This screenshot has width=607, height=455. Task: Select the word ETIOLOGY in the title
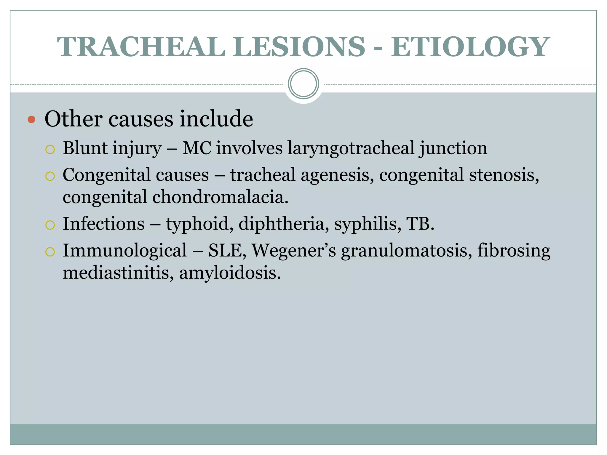(x=470, y=47)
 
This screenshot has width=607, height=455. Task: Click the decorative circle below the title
(x=303, y=84)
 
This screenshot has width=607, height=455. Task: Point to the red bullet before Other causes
(x=31, y=120)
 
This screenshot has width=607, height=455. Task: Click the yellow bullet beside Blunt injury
(x=50, y=150)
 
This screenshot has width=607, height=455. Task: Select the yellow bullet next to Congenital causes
(x=50, y=176)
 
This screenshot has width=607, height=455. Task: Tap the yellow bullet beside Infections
(x=50, y=225)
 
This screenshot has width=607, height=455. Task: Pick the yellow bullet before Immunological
(x=50, y=252)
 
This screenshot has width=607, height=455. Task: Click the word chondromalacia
(x=220, y=197)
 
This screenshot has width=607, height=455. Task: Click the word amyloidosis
(x=230, y=273)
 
